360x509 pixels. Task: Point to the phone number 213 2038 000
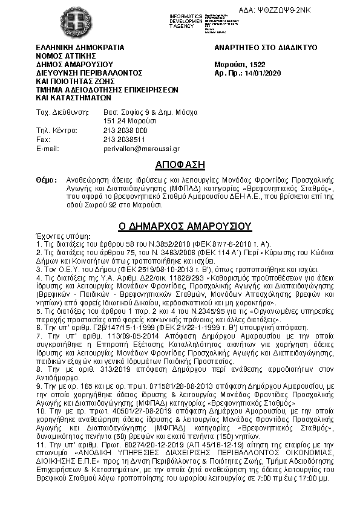(125, 131)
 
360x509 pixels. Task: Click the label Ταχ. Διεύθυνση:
(62, 112)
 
